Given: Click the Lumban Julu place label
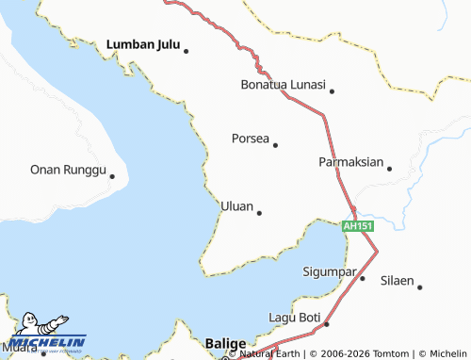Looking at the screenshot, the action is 143,43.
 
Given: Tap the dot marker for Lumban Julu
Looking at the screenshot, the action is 187,51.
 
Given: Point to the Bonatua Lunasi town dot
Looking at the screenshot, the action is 332,91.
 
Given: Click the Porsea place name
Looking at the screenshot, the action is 250,139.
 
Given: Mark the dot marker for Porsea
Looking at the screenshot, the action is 275,145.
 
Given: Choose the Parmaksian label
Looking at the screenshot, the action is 350,162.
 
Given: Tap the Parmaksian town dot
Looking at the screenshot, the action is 389,169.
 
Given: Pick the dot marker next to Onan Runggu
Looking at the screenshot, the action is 111,175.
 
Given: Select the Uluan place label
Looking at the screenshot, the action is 236,205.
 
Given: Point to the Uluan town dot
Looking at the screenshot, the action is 259,212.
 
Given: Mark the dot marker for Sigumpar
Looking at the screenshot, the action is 362,278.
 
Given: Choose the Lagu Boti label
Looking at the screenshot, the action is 295,318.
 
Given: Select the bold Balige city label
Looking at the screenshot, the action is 225,343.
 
